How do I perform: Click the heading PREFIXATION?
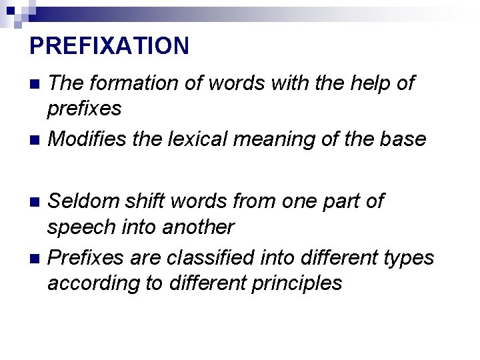click(x=109, y=46)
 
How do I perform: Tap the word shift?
click(x=154, y=201)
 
